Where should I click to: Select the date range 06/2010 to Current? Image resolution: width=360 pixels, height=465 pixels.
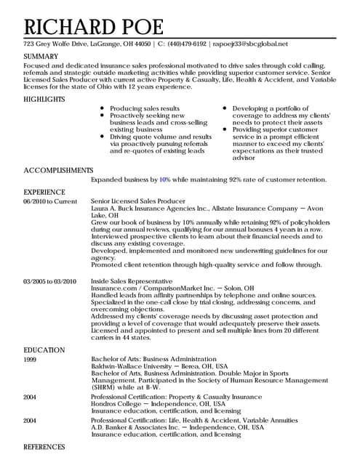click(49, 201)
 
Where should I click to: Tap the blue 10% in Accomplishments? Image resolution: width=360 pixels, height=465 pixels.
click(164, 179)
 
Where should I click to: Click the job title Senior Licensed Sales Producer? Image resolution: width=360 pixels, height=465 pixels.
click(137, 201)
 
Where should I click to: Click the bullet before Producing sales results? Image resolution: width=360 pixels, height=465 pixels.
click(103, 108)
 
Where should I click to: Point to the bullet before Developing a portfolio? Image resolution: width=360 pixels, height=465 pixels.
click(225, 108)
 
